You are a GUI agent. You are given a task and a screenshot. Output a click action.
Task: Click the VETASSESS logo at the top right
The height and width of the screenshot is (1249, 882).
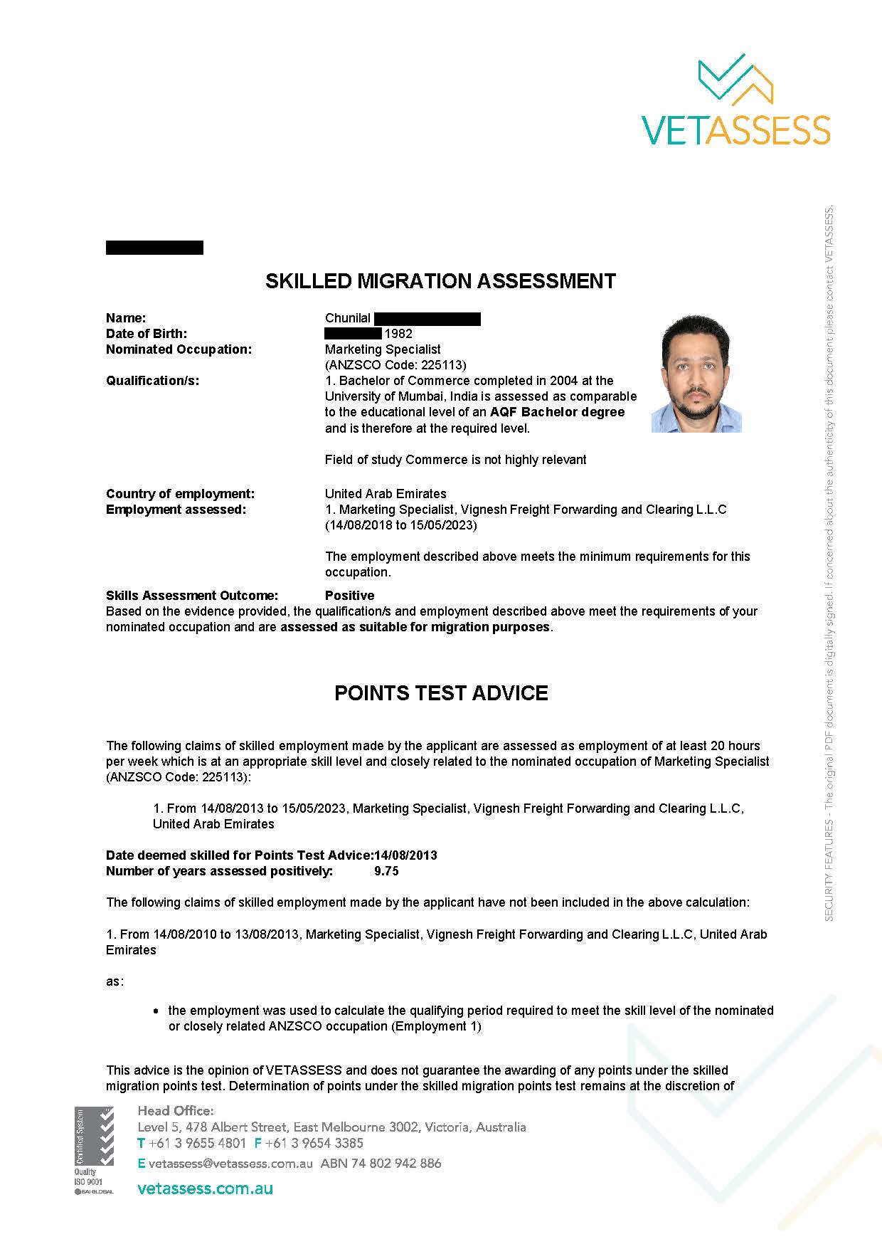[x=735, y=100]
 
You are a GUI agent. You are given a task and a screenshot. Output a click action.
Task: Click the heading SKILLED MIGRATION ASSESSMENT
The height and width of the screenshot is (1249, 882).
[x=440, y=281]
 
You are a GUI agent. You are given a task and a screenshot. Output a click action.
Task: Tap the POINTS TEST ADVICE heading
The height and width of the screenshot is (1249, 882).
[x=441, y=693]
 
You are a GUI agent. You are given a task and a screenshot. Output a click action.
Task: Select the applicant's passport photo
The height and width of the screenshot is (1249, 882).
[x=696, y=374]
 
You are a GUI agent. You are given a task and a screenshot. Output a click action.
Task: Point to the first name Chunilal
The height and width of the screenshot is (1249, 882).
[x=348, y=318]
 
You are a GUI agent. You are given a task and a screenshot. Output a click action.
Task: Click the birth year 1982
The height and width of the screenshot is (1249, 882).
[x=398, y=334]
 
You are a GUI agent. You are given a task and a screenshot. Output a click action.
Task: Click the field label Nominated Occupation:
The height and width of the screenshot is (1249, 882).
[x=179, y=349]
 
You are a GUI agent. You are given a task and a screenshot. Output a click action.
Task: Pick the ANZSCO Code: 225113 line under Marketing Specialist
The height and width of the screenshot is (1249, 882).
[x=395, y=365]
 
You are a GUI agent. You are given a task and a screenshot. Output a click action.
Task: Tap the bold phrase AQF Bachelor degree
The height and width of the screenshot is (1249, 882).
[x=557, y=412]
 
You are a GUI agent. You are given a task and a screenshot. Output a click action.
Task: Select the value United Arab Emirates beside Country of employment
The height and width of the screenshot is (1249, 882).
[x=386, y=494]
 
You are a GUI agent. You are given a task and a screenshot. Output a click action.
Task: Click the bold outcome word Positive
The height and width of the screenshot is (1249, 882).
[x=349, y=596]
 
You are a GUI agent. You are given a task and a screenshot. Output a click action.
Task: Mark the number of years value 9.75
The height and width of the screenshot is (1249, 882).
[x=386, y=871]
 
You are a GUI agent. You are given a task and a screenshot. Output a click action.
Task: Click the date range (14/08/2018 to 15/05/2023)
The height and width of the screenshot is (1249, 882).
[x=401, y=525]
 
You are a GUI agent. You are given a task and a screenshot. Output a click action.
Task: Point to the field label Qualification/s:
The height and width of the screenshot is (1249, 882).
[x=152, y=381]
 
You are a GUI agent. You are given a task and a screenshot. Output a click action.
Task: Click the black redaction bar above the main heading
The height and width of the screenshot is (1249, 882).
[x=154, y=248]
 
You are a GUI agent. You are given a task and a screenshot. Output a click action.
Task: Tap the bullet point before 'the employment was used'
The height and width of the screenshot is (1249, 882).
[x=156, y=1011]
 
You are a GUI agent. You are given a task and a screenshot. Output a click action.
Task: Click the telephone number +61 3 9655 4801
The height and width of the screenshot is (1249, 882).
[x=196, y=1144]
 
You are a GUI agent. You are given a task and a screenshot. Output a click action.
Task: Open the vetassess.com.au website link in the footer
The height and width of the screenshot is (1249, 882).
[x=205, y=1189]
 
